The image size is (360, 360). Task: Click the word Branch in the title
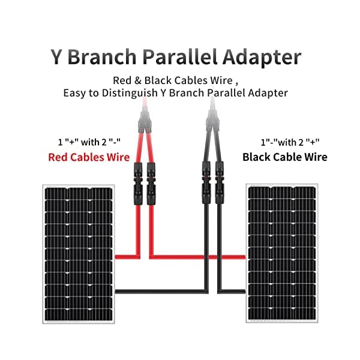101,58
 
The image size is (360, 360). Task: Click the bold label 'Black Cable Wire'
285,157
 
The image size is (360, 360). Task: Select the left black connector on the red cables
134,179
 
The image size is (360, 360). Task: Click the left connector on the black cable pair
203,179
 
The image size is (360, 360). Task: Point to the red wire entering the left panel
123,257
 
